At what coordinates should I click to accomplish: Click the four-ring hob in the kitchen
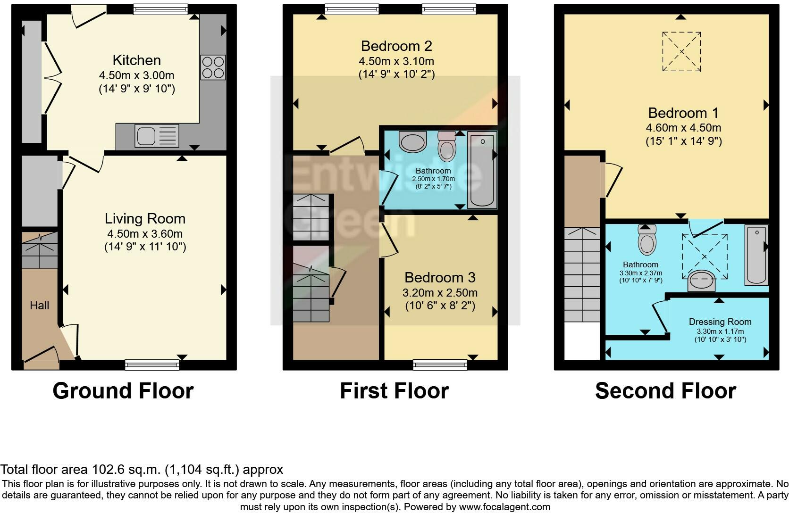(213, 67)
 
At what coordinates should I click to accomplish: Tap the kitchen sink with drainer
(157, 136)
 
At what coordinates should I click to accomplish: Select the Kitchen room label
(137, 60)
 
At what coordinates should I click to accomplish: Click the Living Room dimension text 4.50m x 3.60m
(145, 233)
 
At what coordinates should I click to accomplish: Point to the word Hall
(40, 306)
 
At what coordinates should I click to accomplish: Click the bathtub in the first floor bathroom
(482, 170)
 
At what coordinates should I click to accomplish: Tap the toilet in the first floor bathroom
(447, 146)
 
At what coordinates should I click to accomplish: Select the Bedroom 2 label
(396, 46)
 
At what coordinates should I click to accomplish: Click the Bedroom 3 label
(440, 278)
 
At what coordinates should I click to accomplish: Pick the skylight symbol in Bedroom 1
(681, 51)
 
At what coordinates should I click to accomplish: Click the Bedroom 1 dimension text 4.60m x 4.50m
(683, 128)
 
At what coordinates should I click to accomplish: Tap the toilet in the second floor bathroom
(647, 240)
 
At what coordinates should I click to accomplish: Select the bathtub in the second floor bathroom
(756, 255)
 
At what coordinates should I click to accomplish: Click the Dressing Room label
(720, 322)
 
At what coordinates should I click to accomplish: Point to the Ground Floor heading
(123, 391)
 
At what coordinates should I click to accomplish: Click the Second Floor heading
(665, 391)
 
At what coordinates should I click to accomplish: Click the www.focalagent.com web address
(504, 507)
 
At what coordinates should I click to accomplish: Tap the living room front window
(152, 365)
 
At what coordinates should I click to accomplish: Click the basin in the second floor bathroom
(702, 281)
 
